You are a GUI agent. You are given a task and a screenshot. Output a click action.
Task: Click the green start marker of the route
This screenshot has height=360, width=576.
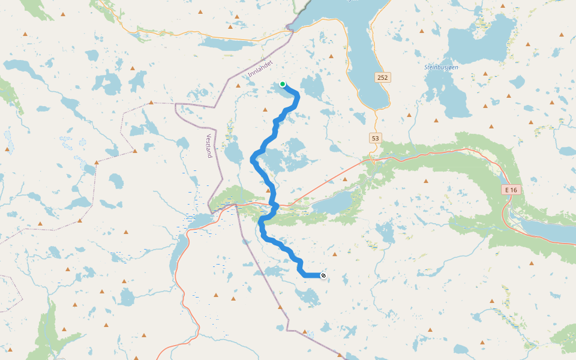click(283, 84)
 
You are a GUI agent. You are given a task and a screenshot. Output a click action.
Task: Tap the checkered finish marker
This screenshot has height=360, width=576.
click(323, 275)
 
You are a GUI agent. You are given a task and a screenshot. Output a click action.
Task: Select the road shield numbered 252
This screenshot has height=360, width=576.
click(383, 77)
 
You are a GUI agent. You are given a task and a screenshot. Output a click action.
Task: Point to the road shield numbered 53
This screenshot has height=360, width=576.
click(376, 139)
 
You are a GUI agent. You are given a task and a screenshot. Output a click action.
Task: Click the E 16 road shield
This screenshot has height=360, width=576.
click(511, 190)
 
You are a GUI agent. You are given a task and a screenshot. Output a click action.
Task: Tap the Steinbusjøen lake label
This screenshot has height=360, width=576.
click(441, 67)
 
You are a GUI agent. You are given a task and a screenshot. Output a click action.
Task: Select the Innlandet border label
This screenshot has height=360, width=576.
click(260, 68)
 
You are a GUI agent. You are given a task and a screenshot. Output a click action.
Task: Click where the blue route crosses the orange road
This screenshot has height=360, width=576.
click(274, 206)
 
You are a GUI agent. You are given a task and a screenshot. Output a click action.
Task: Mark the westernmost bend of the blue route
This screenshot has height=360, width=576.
click(252, 160)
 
